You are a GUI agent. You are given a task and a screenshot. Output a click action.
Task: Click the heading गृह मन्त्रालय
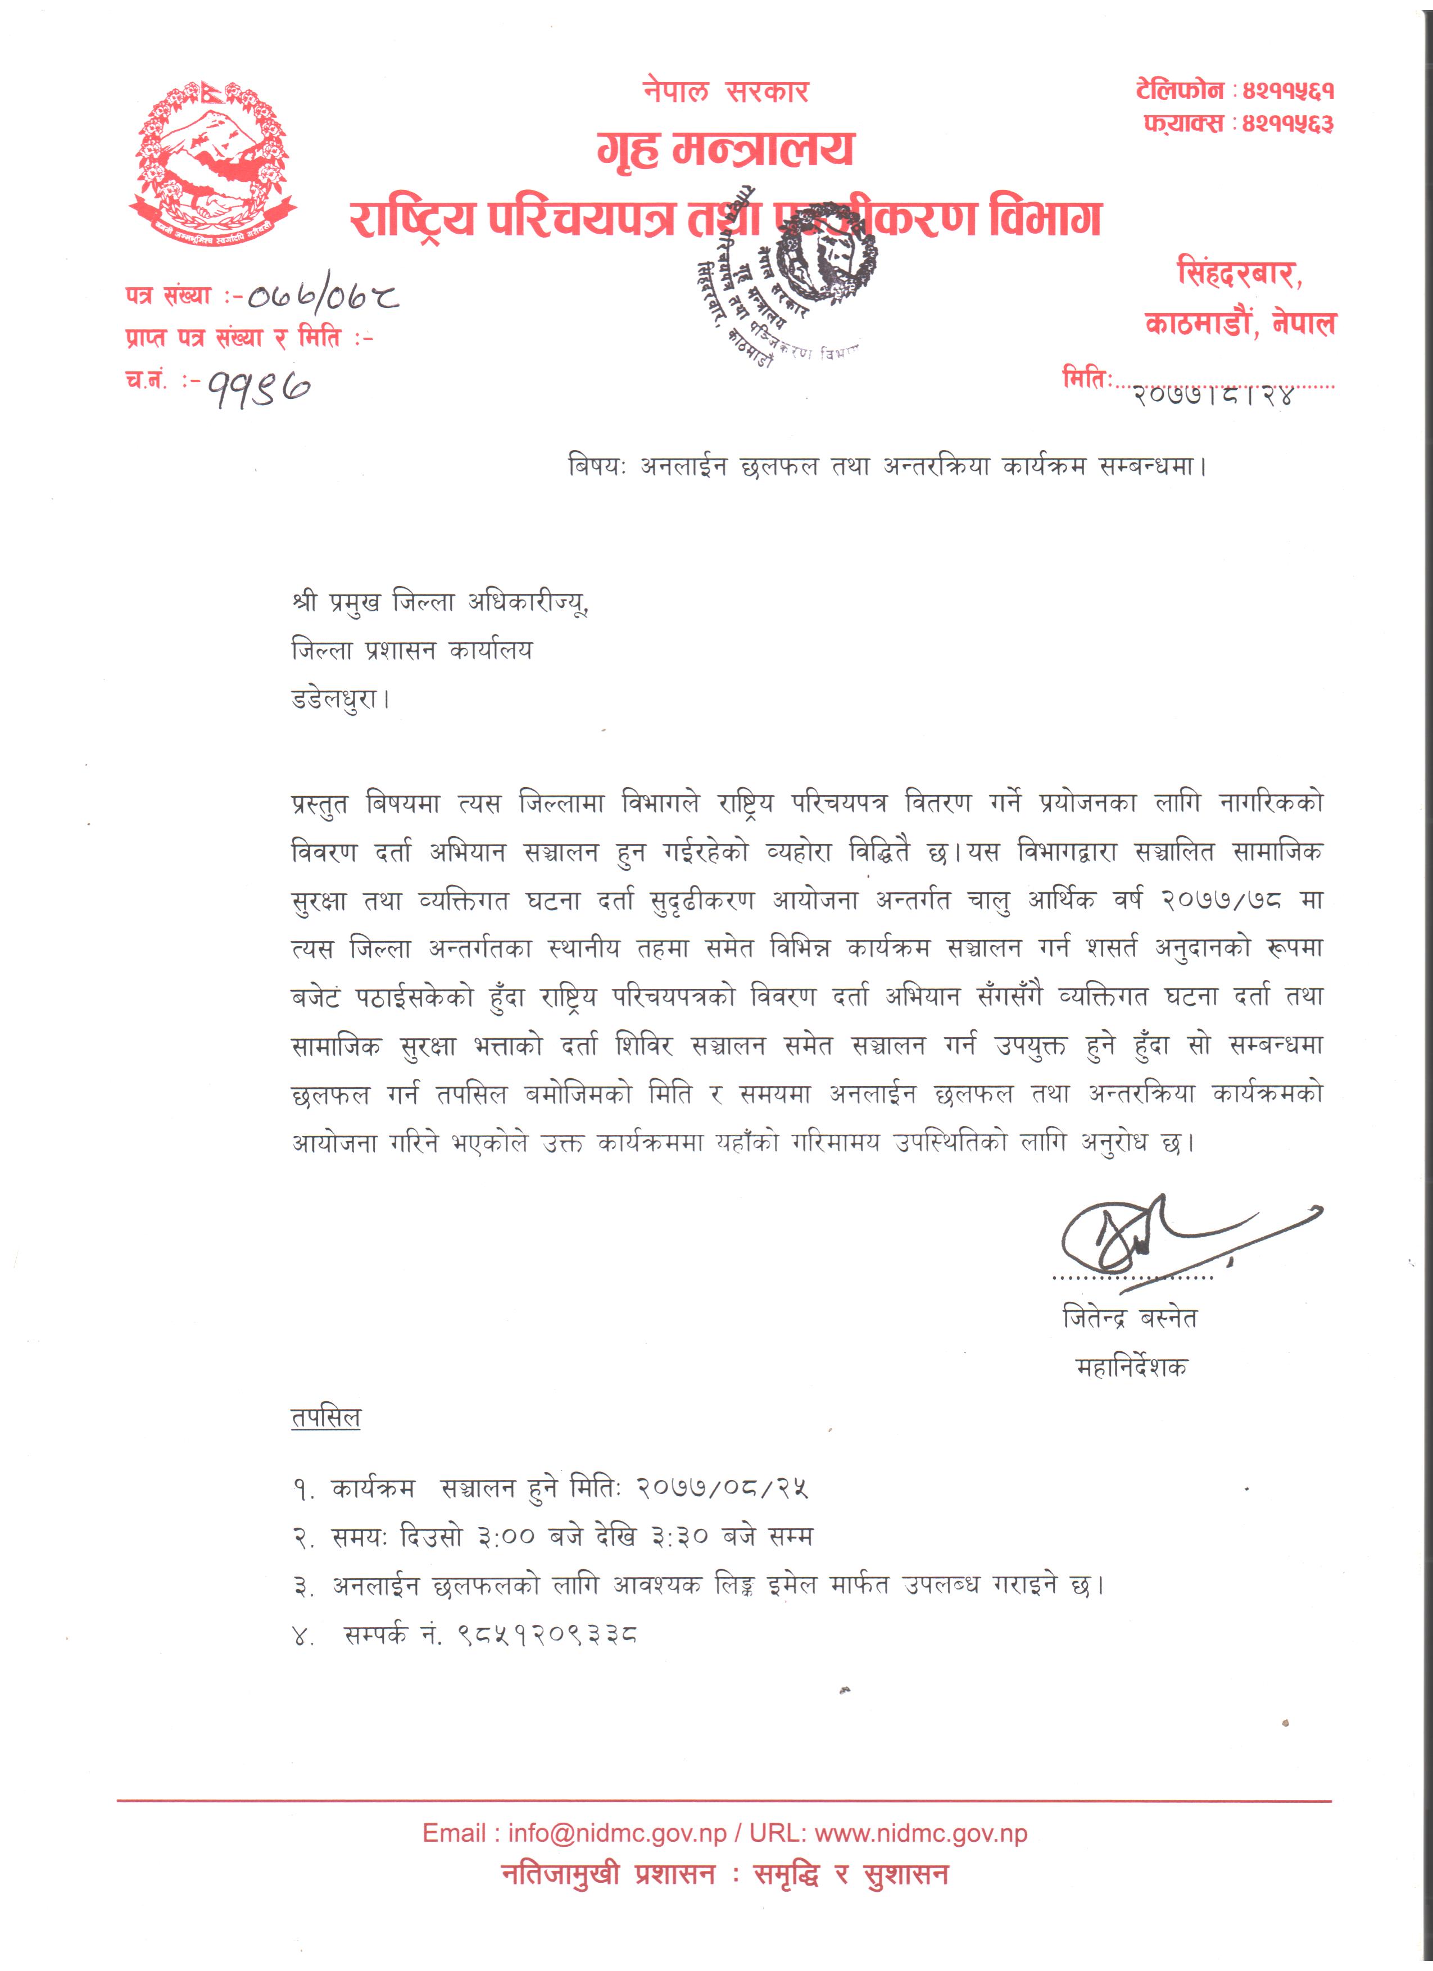(x=725, y=149)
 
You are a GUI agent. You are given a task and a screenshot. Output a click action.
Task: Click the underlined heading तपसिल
(x=325, y=1418)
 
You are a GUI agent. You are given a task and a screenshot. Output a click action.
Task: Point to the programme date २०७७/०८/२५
(x=722, y=1489)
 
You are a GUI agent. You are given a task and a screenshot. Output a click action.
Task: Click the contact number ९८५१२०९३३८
(x=547, y=1636)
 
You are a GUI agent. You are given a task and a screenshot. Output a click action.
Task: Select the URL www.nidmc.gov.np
(x=920, y=1834)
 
